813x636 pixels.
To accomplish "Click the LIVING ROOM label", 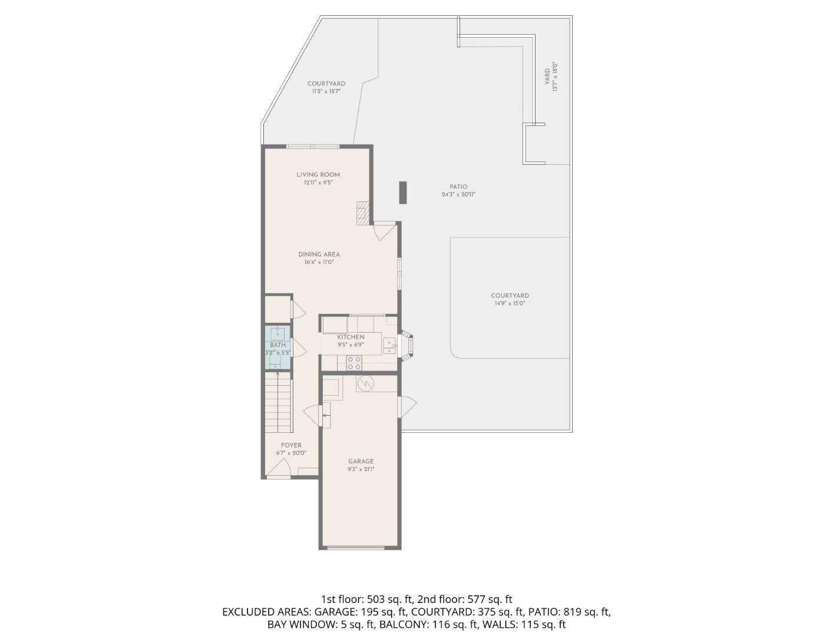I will [x=318, y=174].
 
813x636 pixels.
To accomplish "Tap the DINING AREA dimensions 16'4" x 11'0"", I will [x=319, y=263].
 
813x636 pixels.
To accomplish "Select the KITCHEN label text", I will [x=351, y=337].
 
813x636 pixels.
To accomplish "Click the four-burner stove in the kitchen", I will [x=354, y=363].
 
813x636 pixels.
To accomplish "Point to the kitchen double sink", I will [x=389, y=346].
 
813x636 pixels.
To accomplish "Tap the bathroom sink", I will [x=277, y=334].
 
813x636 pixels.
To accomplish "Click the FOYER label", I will [x=291, y=445].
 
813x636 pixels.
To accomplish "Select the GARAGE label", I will [x=361, y=462].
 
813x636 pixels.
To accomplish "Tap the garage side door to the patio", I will [x=407, y=406].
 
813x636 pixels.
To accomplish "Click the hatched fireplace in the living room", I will [x=363, y=213].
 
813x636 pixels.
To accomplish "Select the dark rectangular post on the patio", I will [x=403, y=193].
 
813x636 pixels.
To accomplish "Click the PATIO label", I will [x=458, y=187].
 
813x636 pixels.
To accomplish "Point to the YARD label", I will [x=547, y=75].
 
